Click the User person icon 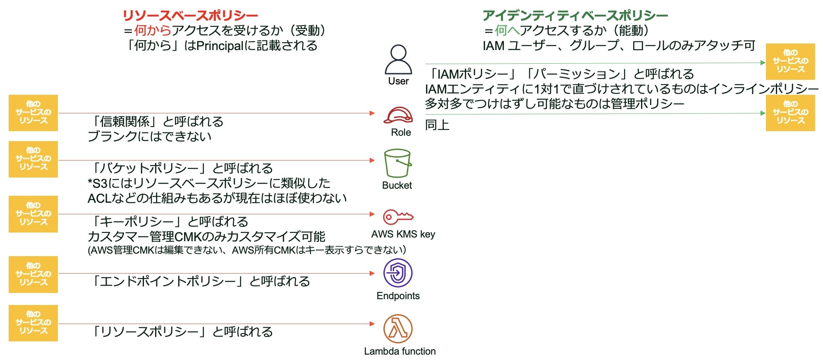(x=398, y=60)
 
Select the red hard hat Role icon (x=398, y=115)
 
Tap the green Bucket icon (x=397, y=163)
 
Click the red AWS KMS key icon (x=398, y=216)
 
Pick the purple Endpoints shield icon (x=398, y=273)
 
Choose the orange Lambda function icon (x=398, y=329)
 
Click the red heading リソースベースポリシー (x=190, y=16)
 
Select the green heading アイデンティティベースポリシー (x=575, y=16)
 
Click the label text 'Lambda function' (x=400, y=351)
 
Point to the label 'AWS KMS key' (x=403, y=234)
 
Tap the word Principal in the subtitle (x=220, y=46)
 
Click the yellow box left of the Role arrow (x=33, y=113)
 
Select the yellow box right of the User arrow (x=790, y=61)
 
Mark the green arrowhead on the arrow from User (x=763, y=62)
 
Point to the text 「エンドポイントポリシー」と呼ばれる (x=201, y=281)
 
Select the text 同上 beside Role (x=437, y=125)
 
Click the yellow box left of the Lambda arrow (x=33, y=323)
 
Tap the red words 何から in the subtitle (x=152, y=30)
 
